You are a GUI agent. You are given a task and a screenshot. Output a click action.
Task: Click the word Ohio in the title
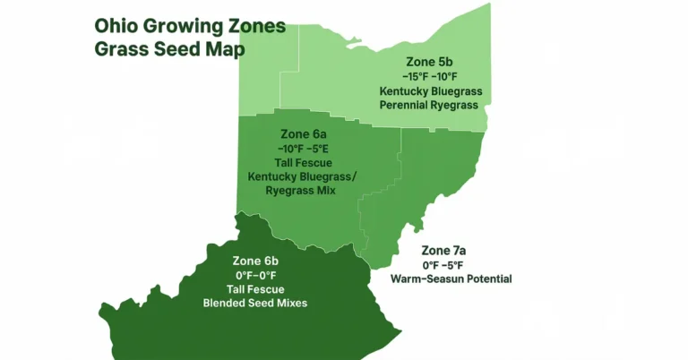click(116, 25)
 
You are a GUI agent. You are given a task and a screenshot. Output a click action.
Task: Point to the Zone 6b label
click(254, 261)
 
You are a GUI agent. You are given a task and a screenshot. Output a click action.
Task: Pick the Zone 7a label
click(450, 250)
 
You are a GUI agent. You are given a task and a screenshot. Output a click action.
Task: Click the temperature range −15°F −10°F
click(430, 77)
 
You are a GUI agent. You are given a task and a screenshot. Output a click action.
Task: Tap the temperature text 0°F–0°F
click(254, 275)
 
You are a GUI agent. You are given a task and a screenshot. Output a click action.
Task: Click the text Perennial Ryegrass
click(430, 105)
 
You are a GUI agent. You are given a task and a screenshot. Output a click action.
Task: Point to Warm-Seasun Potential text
click(451, 279)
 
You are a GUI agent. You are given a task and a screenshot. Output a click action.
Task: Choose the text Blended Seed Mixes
click(254, 303)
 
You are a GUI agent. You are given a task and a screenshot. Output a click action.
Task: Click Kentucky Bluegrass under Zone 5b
click(430, 91)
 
